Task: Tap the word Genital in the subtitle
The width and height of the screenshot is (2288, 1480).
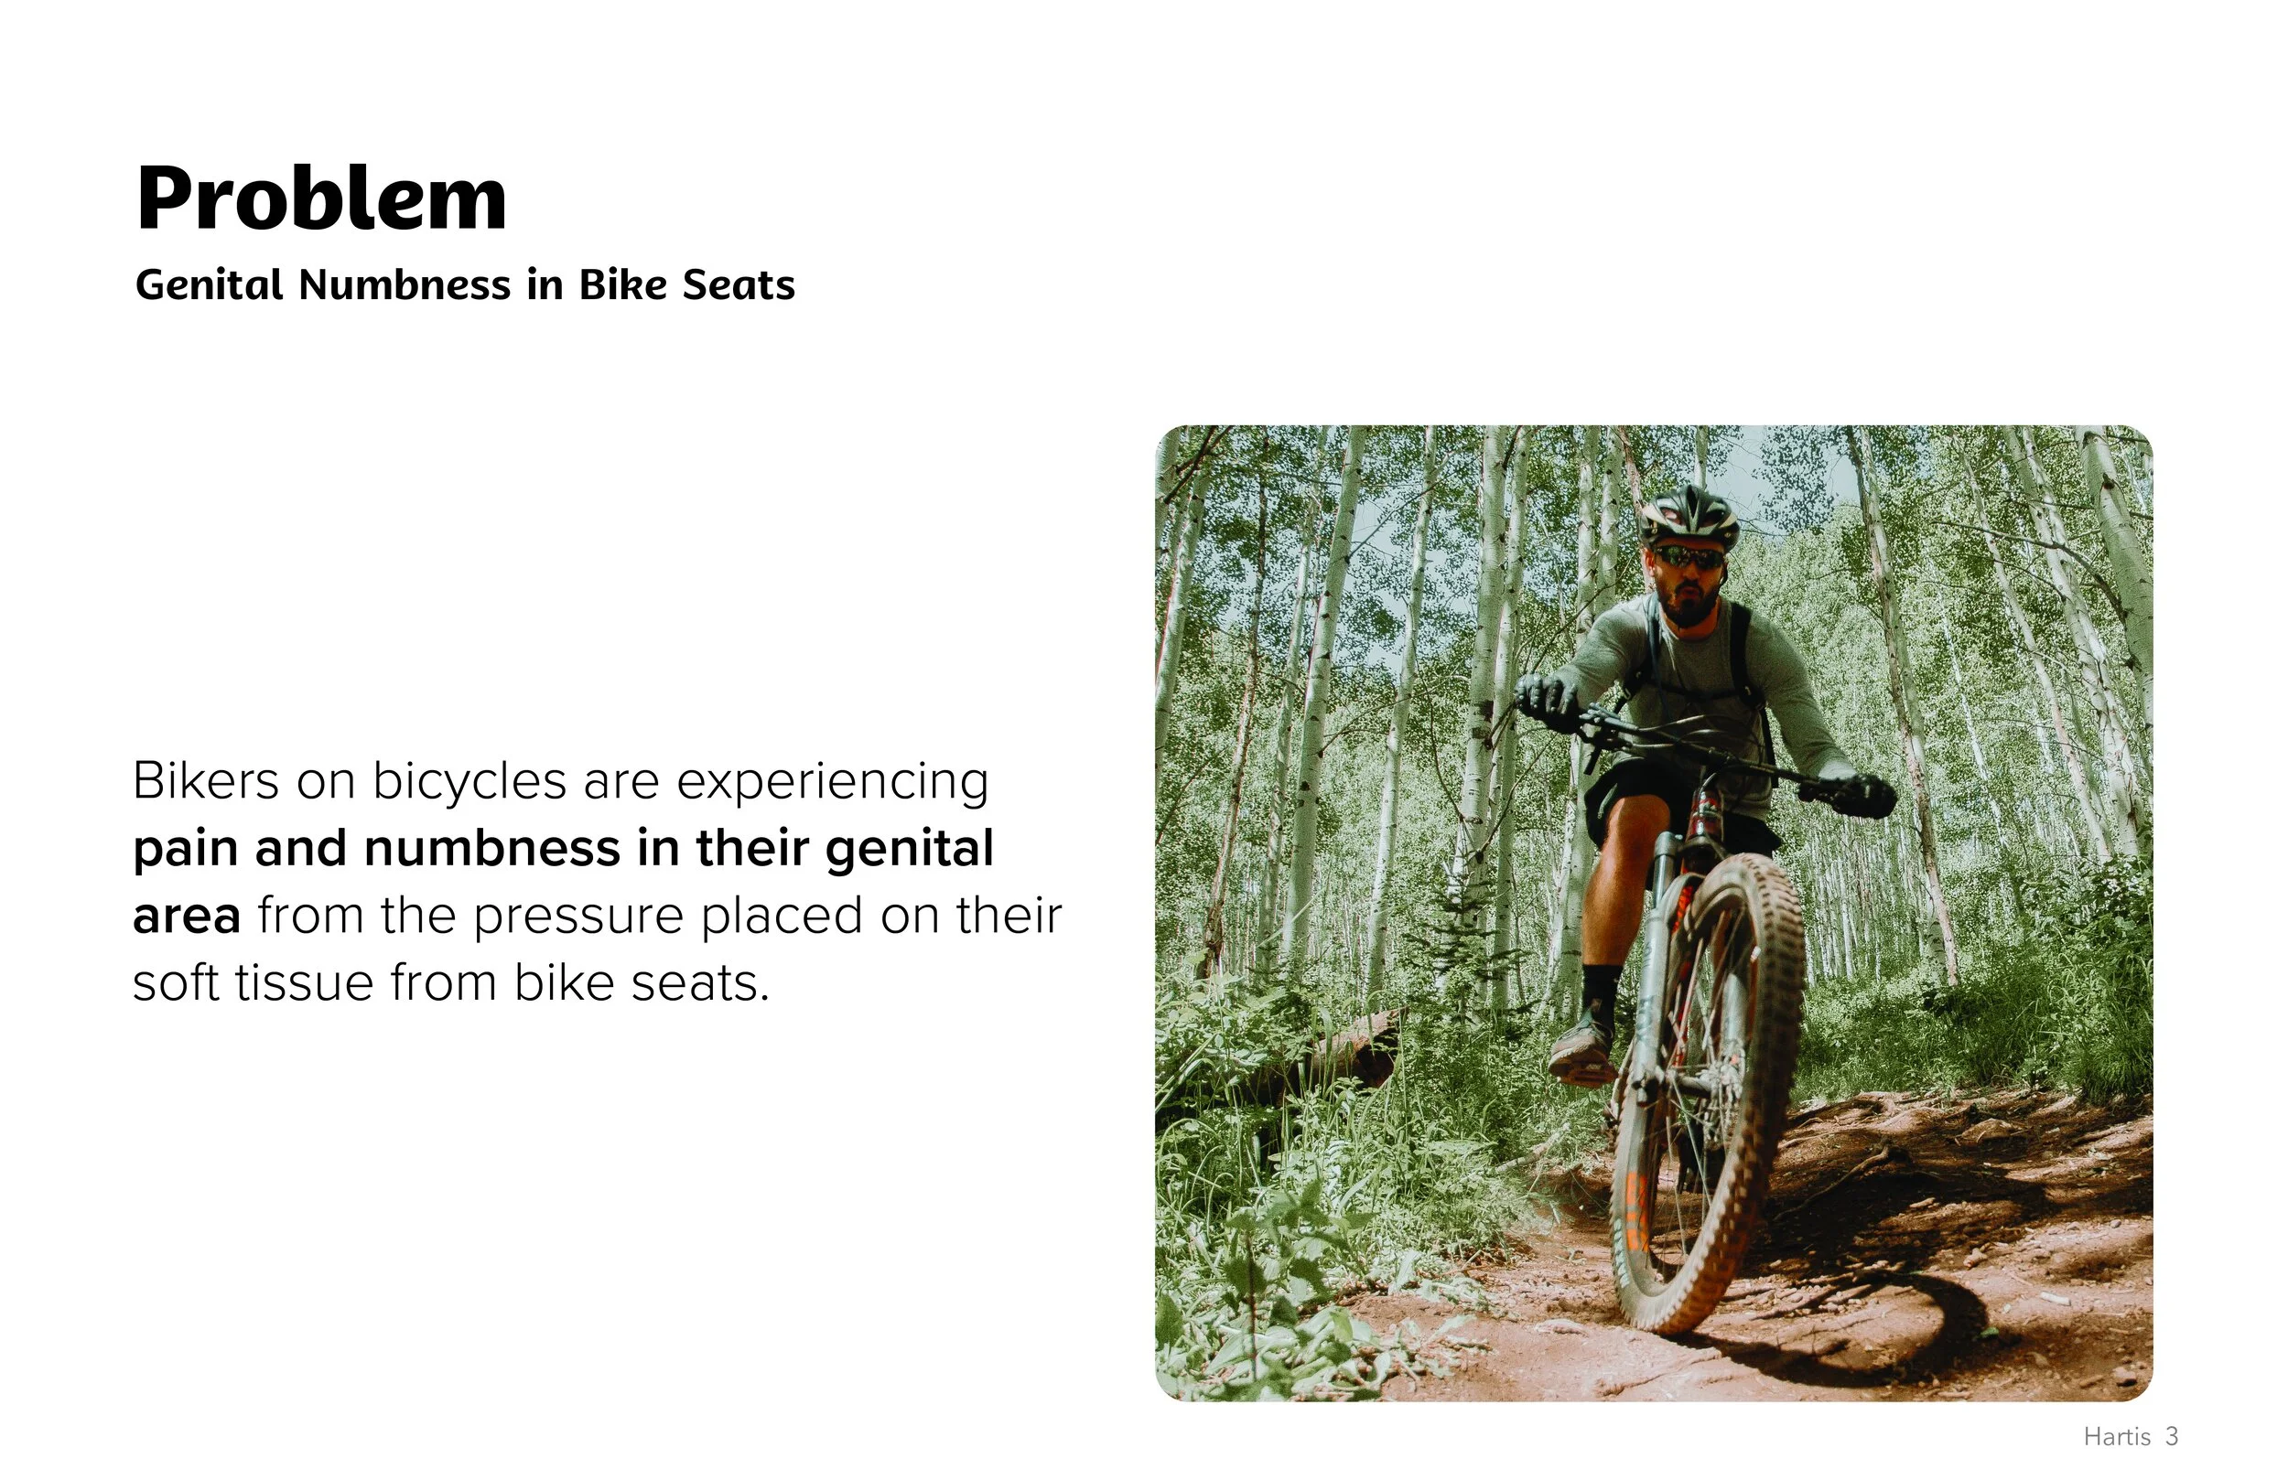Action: coord(209,284)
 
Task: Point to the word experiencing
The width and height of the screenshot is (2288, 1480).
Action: coord(833,782)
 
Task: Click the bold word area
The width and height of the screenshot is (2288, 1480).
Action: coord(187,917)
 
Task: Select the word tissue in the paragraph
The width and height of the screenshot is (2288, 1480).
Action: coord(305,983)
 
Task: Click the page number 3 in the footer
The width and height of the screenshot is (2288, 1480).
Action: coord(2172,1437)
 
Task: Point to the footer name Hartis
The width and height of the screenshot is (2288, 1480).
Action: coord(2117,1437)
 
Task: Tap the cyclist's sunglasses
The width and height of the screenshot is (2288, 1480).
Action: coord(1689,556)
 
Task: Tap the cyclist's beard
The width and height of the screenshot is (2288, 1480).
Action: coord(1689,606)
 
